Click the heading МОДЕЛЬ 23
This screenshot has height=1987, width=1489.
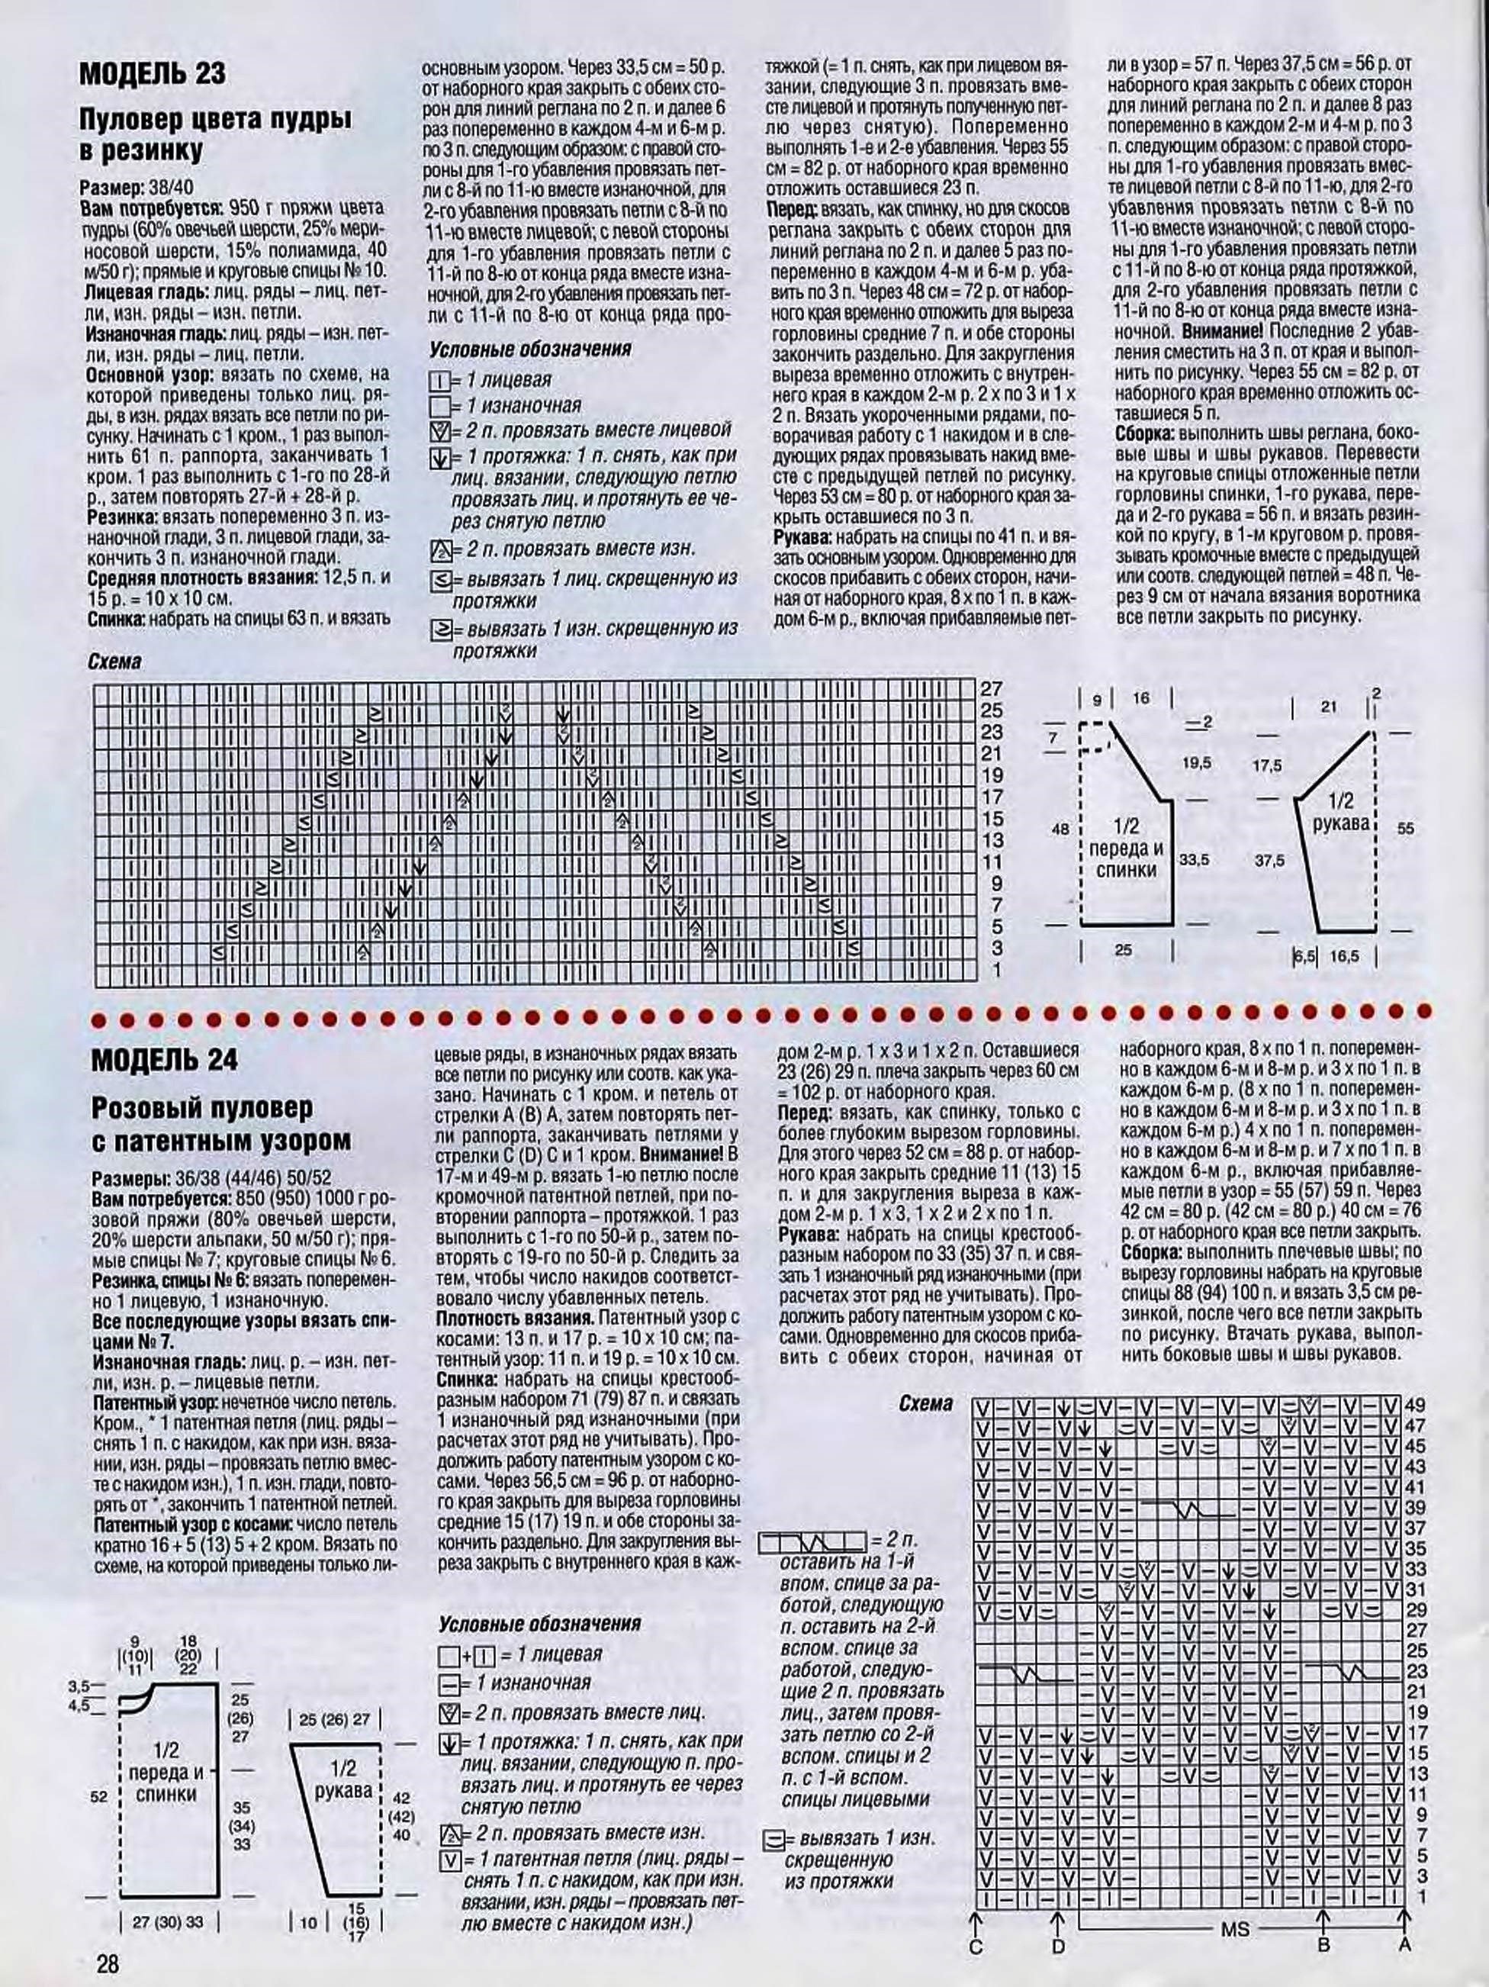(x=153, y=74)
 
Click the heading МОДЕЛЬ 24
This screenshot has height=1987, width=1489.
(x=164, y=1060)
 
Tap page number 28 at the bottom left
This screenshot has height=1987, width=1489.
(x=108, y=1963)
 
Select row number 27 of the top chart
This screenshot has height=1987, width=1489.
(x=992, y=689)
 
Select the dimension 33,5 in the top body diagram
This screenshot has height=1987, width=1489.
(x=1194, y=860)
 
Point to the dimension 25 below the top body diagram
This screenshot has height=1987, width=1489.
(x=1124, y=948)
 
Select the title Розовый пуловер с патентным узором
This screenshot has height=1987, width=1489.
(x=221, y=1125)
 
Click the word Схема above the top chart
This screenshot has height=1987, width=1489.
(x=115, y=662)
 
